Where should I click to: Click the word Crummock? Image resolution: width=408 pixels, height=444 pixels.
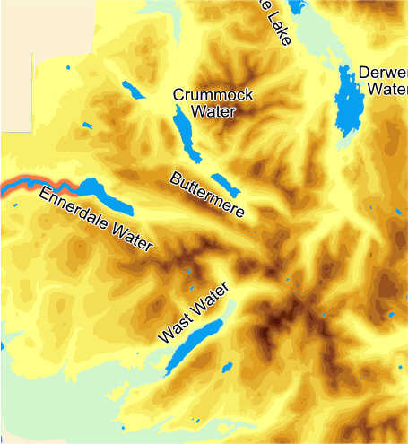213,95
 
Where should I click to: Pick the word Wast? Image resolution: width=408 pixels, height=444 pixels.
173,330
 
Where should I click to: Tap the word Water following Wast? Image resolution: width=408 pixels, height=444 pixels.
208,300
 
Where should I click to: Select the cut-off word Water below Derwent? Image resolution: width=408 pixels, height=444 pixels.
386,90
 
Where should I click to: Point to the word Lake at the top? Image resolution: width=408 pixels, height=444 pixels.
273,22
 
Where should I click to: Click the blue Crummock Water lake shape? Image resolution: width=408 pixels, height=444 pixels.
189,130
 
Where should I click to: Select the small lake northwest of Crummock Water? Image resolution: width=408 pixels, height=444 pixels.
132,90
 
